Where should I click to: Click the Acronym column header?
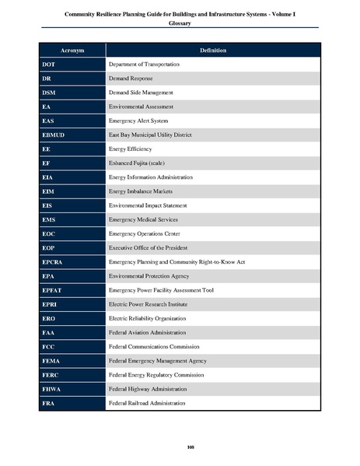coord(72,51)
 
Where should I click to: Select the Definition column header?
coord(212,51)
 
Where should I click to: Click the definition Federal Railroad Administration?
coord(147,403)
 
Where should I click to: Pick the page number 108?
coord(180,446)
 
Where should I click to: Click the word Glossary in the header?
coord(180,23)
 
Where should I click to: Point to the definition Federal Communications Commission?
coord(155,346)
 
